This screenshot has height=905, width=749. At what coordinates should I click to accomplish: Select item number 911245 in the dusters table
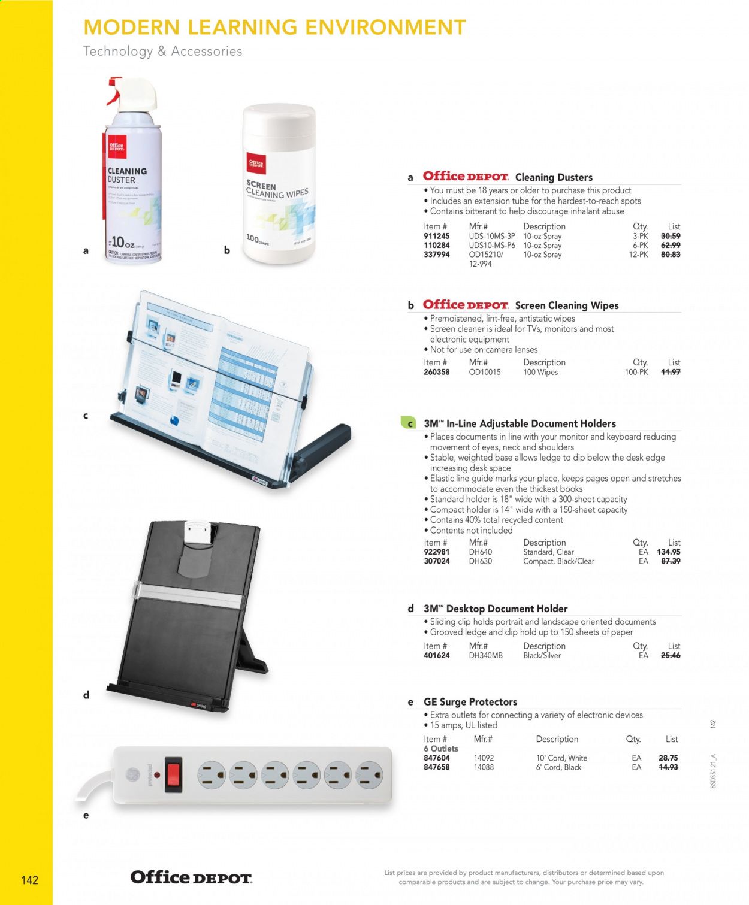pos(436,236)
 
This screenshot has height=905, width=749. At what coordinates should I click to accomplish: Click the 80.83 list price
pos(670,255)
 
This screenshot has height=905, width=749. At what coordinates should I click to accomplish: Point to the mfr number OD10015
pos(484,372)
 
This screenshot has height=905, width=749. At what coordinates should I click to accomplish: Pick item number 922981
pos(436,552)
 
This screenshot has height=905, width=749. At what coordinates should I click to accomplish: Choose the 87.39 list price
pos(670,562)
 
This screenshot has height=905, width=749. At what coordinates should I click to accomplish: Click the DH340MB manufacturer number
pos(485,656)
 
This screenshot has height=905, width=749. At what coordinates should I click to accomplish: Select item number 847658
pos(436,767)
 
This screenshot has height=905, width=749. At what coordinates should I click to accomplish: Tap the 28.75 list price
pos(668,758)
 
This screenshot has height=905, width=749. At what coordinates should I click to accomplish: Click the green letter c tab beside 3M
pos(409,423)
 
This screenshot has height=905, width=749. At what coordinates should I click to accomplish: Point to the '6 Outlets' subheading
pos(440,749)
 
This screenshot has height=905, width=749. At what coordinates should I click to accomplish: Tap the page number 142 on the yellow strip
pos(29,880)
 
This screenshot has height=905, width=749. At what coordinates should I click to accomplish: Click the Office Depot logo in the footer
pos(191,878)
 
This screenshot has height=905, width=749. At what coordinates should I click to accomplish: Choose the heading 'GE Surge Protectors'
pos(470,702)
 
